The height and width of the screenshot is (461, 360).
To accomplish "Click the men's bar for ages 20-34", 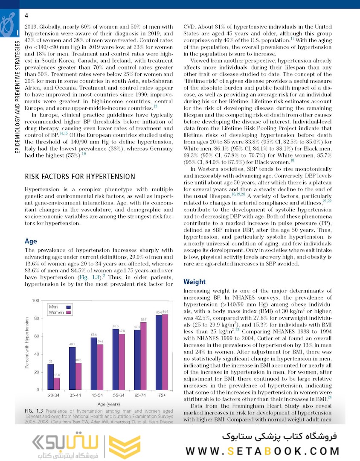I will (51, 376).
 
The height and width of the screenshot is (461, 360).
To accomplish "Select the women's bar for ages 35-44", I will (78, 376).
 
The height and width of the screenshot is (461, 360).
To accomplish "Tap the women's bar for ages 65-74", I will (143, 356).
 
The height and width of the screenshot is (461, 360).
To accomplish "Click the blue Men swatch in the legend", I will (67, 307).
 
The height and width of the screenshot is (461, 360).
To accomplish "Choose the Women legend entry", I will (56, 312).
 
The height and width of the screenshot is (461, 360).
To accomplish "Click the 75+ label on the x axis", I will (162, 395).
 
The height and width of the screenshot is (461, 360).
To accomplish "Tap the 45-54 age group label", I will (97, 395).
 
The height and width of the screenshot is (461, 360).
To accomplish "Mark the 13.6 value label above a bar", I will (57, 375).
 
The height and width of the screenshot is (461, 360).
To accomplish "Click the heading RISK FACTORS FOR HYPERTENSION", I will (80, 176).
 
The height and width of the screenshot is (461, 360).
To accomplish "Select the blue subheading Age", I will (31, 241).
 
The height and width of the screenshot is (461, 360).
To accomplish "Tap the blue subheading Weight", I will (195, 282).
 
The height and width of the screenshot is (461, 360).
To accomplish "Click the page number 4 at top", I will (26, 16).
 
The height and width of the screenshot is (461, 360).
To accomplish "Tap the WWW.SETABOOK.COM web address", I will (262, 451).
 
